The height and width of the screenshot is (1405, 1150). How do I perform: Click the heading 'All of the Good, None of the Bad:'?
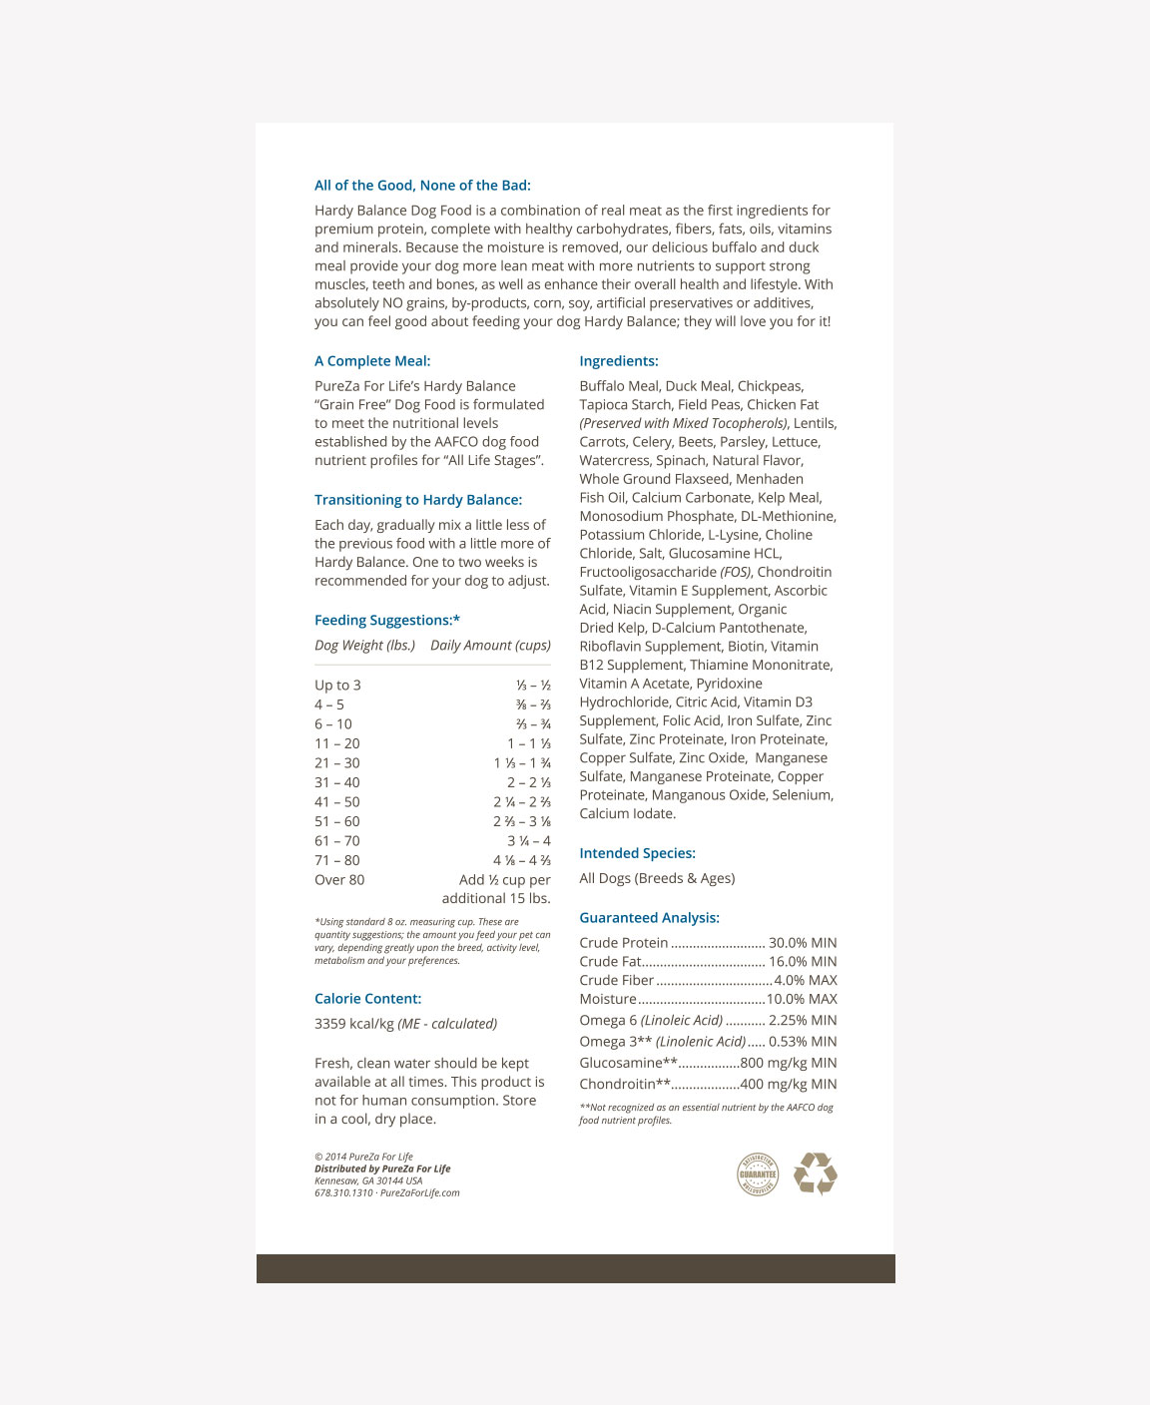[x=422, y=186]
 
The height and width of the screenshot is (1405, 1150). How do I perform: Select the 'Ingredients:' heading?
[x=619, y=361]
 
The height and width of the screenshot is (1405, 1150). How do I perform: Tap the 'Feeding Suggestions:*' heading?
[x=387, y=621]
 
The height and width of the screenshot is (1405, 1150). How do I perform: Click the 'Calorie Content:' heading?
[x=367, y=999]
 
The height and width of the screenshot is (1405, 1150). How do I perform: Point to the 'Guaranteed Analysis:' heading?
[x=649, y=918]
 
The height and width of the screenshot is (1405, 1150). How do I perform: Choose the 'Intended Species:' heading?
[x=637, y=853]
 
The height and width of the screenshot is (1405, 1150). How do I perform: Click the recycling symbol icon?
[x=816, y=1173]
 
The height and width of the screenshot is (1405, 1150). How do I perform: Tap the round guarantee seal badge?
[x=758, y=1174]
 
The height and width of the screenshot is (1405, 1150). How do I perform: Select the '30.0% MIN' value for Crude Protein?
[x=803, y=943]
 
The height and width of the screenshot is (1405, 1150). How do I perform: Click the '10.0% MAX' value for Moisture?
[x=802, y=999]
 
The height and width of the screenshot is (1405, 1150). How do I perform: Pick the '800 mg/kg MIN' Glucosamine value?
[x=789, y=1063]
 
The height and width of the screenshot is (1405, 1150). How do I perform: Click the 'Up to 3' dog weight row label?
[x=337, y=686]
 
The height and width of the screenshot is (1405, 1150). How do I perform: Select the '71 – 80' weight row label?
[x=337, y=860]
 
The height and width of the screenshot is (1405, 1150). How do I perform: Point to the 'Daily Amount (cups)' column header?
[x=490, y=646]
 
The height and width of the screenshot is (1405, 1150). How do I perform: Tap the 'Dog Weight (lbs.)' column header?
[x=364, y=646]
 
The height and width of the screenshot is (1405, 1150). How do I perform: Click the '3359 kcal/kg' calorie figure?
[x=354, y=1024]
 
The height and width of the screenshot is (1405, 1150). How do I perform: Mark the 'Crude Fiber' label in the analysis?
[x=616, y=981]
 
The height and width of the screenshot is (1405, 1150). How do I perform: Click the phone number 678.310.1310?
[x=343, y=1192]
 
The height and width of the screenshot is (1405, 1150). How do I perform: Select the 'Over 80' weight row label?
[x=339, y=880]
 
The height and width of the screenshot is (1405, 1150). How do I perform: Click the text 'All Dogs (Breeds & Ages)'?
[x=657, y=878]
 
